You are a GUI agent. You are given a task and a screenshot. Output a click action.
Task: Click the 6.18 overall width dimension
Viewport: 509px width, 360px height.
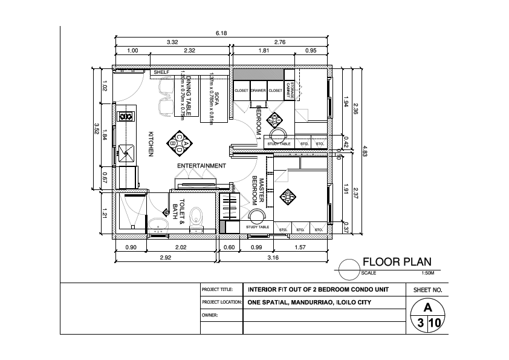coord(221,33)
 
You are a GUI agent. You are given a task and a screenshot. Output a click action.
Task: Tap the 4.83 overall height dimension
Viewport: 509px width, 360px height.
coord(365,149)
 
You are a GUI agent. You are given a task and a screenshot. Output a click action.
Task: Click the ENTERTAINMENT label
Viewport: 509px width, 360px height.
coord(201,166)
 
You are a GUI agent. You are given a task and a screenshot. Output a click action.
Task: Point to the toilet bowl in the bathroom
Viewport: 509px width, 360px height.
coord(196,215)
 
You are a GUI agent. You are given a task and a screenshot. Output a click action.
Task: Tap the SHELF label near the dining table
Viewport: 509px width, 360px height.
coord(161,72)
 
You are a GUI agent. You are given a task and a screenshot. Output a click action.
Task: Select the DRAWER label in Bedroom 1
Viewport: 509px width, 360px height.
coord(258,90)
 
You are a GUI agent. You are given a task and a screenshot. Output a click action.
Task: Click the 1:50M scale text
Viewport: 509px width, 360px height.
coord(421,273)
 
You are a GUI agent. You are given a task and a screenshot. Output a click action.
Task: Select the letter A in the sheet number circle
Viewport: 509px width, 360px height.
coord(427,307)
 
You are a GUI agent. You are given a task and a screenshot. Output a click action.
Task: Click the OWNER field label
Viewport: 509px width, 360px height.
coord(210,315)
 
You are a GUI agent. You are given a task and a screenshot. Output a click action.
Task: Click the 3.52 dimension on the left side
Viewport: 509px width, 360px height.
coord(97,128)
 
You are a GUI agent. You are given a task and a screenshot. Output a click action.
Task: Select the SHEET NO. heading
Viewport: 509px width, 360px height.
coord(427,290)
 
